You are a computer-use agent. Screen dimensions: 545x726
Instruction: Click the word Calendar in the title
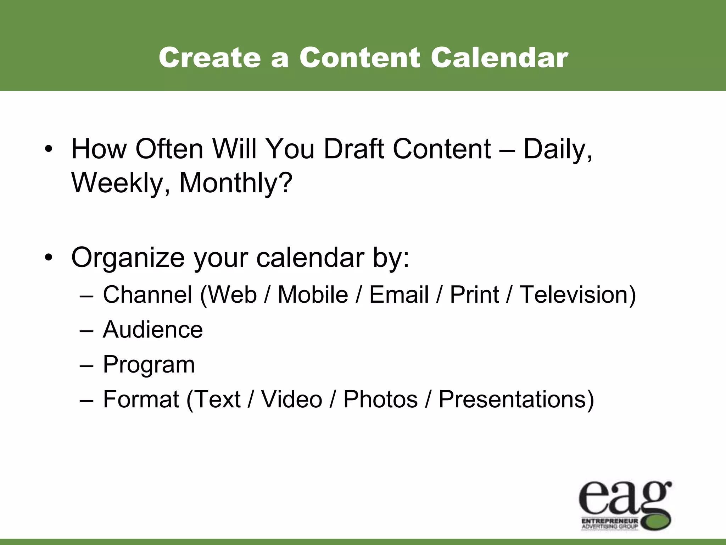499,57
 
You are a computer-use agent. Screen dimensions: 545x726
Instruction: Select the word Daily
557,150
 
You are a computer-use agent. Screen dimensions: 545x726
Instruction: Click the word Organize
128,258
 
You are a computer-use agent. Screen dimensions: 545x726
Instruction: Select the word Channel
147,294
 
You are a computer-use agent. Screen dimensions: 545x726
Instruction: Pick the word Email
399,294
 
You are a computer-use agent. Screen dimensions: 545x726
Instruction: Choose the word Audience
153,329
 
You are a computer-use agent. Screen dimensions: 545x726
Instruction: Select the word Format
141,399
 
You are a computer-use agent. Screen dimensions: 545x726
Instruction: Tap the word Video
292,399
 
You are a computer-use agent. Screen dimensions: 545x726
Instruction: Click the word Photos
380,399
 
